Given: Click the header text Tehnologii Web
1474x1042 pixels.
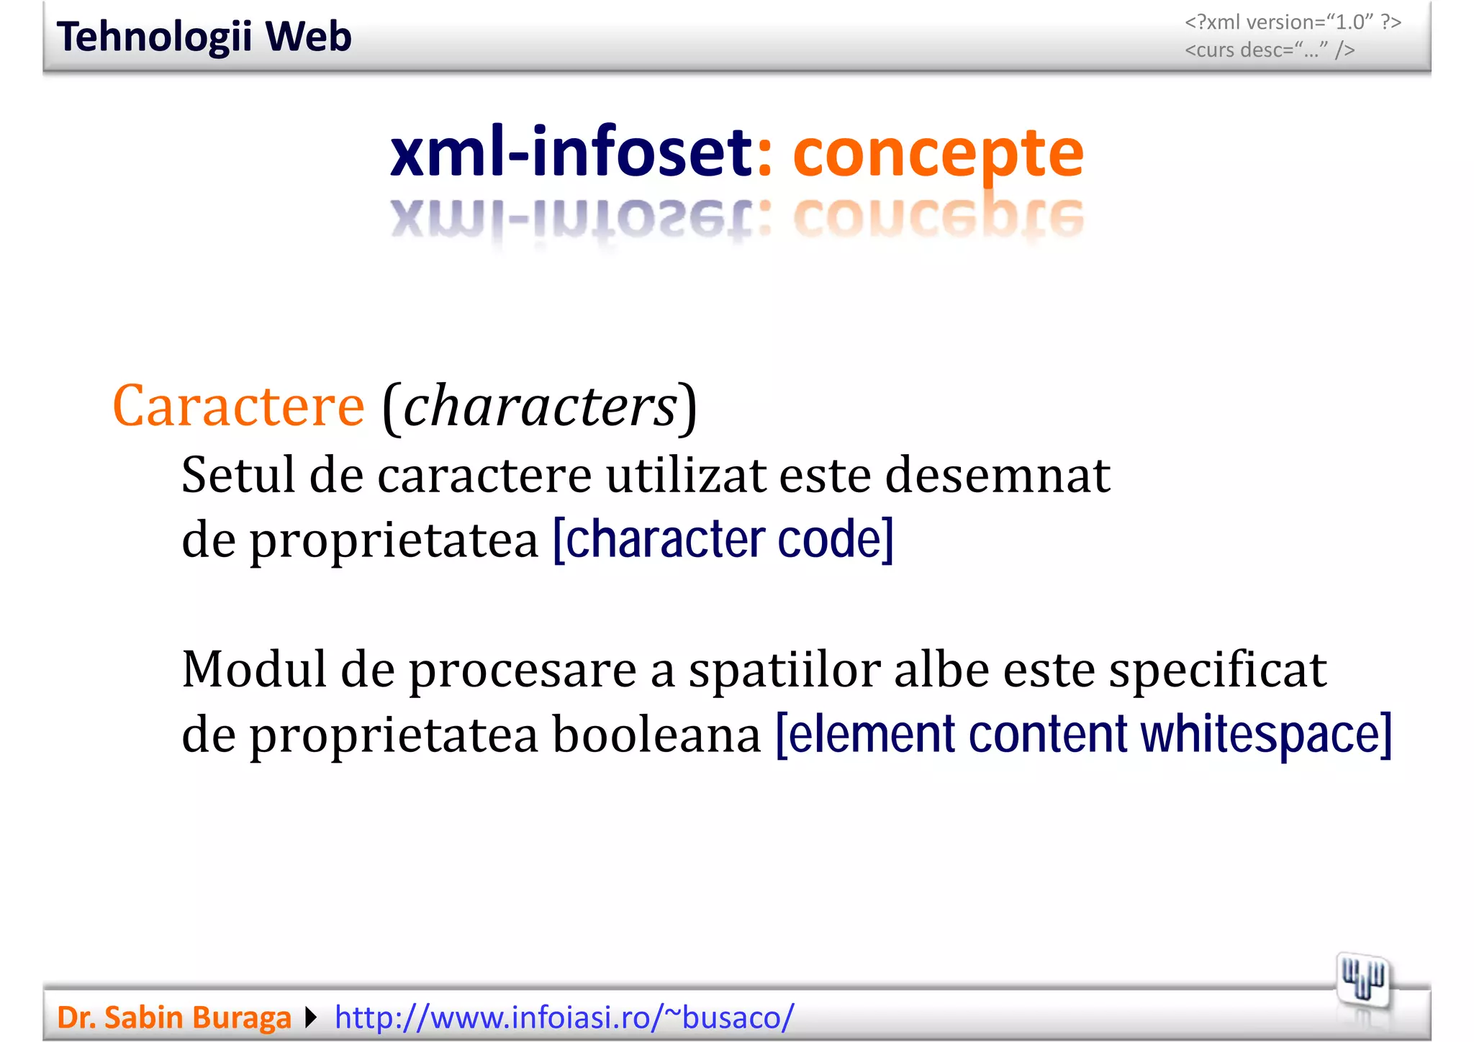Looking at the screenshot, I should (x=204, y=37).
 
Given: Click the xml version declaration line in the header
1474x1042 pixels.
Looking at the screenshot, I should (x=1292, y=22).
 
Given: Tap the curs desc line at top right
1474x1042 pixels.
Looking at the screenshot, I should (x=1270, y=50).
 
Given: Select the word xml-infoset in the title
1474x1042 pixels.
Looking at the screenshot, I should (x=570, y=153).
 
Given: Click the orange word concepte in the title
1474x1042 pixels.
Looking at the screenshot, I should (x=938, y=153).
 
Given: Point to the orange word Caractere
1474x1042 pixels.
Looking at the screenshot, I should (x=238, y=407).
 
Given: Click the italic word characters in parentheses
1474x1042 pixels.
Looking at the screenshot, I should (x=540, y=407).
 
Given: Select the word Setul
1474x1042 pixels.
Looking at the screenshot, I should (x=238, y=475).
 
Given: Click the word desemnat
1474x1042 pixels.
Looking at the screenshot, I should (x=998, y=475).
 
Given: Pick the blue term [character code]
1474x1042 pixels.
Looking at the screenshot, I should (x=723, y=540).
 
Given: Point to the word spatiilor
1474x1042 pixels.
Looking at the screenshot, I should (x=784, y=669).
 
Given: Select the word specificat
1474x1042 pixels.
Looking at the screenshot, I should (x=1217, y=669).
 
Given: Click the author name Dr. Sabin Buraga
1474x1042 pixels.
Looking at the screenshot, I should (x=173, y=1018).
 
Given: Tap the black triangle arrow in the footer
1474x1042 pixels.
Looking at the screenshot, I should (x=311, y=1018).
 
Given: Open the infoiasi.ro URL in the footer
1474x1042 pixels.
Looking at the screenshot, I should (x=564, y=1018).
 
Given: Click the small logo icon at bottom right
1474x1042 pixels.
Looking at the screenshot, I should (x=1362, y=981).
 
